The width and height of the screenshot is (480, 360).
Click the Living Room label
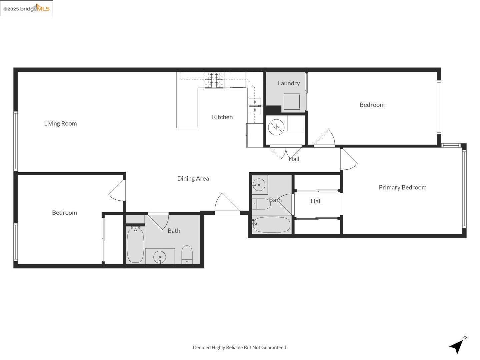pos(60,123)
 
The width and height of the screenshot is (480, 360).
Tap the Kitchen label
pos(222,117)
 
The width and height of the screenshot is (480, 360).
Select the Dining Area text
pos(193,178)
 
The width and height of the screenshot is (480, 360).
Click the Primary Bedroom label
pos(402,187)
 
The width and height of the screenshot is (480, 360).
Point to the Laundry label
pos(289,83)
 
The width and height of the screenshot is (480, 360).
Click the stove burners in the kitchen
pos(214,80)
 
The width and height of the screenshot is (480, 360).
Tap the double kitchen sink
pos(255,106)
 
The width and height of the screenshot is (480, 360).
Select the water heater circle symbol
pos(276,127)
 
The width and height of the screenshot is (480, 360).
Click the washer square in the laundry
pos(292,101)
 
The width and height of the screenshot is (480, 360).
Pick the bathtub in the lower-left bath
pos(135,245)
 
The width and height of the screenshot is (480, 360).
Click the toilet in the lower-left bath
pos(187,255)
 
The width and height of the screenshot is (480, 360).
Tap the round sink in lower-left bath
pos(160,257)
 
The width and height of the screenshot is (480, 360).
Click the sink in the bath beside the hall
pos(259,184)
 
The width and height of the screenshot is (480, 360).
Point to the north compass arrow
pos(457,345)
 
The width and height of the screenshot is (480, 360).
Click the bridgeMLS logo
pos(26,8)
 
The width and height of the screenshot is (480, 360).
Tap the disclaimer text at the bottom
pos(240,347)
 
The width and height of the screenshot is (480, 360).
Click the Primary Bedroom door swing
pos(349,160)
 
